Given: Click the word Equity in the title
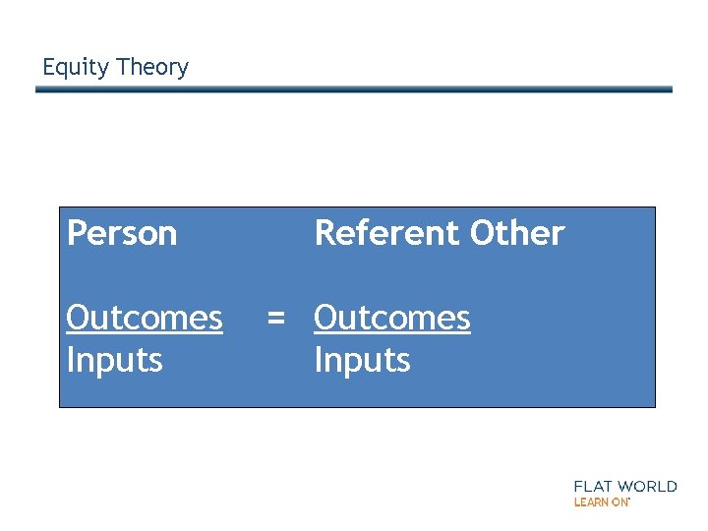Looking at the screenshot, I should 75,68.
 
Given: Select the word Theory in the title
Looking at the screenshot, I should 151,68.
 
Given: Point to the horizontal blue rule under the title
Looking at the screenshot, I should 354,89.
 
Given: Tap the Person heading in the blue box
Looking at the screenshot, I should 122,234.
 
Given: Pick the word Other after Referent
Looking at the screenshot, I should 517,234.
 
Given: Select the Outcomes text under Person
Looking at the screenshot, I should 145,318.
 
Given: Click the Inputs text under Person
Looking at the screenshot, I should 114,360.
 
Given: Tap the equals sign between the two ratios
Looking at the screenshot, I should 276,319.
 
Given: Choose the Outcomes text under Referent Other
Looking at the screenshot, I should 392,318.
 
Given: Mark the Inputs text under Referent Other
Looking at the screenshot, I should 362,360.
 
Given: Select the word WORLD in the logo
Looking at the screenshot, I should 650,487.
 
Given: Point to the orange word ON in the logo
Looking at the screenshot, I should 620,501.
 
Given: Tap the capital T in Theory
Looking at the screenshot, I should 122,67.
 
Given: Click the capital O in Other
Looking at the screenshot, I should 483,234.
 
